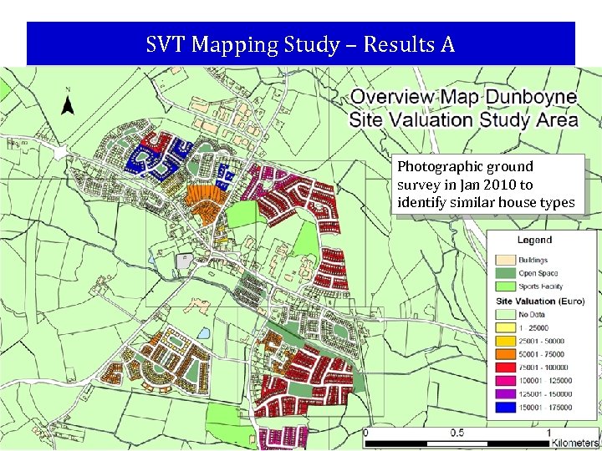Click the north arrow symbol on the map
tap(69, 104)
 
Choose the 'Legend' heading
tap(533, 240)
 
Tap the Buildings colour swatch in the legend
tap(505, 260)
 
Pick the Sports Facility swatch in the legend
tap(505, 286)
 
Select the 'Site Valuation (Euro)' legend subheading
tap(539, 301)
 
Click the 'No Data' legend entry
tap(533, 314)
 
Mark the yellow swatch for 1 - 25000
tap(505, 327)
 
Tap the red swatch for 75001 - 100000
tap(505, 367)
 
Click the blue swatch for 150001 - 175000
tap(505, 408)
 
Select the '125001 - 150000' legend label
tap(545, 394)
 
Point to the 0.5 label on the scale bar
tap(457, 433)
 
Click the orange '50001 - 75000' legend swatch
tap(505, 354)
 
